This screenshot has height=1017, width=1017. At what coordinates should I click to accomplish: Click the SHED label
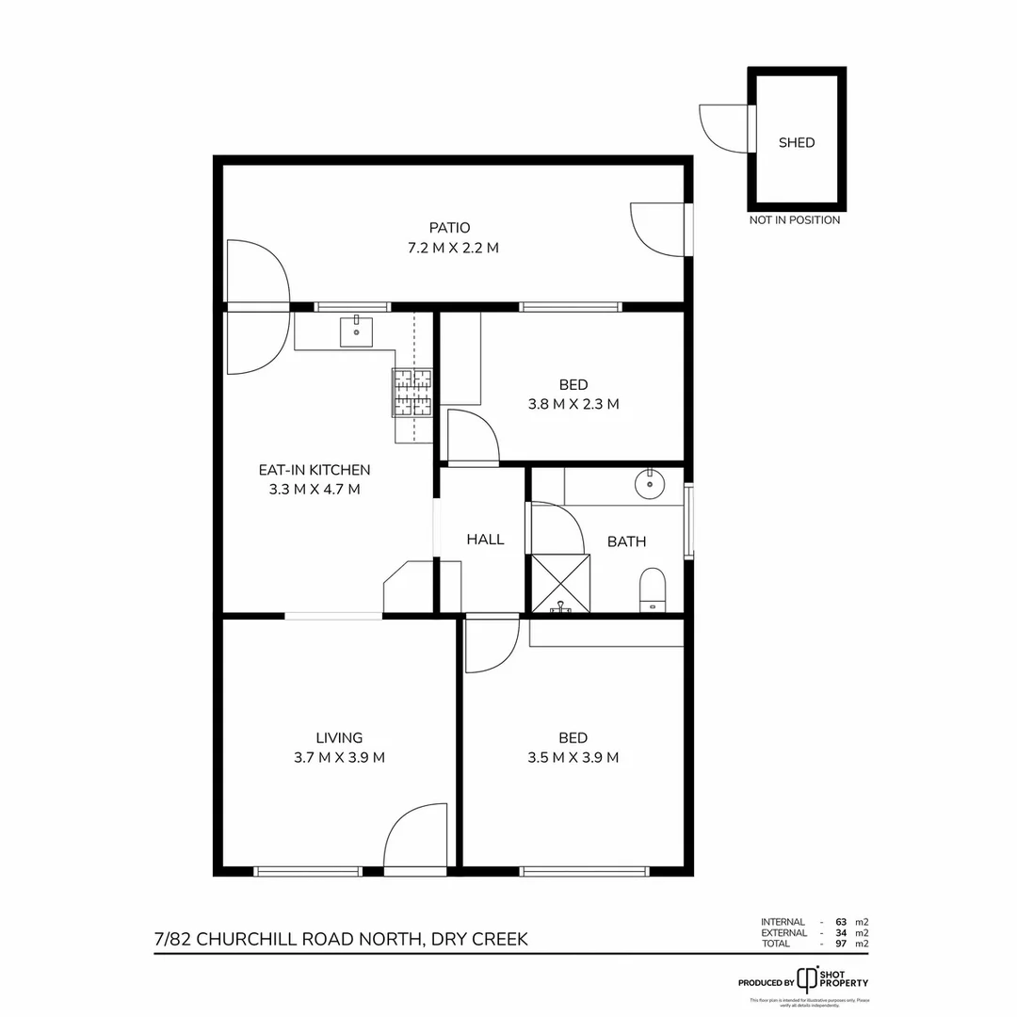coord(796,143)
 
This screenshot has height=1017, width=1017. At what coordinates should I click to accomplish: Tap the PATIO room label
coord(449,228)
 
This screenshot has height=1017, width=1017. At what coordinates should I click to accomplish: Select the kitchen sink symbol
coord(356,331)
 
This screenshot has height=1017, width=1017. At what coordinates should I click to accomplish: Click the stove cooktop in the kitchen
coord(412,393)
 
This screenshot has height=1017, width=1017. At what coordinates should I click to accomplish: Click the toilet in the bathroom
coord(652,590)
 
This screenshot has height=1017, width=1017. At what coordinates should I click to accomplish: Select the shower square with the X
coord(561,584)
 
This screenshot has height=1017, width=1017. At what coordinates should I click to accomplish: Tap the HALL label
coord(485,540)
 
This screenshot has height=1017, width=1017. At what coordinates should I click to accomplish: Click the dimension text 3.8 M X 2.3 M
coord(573,404)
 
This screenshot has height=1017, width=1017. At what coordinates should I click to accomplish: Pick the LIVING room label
coord(339,738)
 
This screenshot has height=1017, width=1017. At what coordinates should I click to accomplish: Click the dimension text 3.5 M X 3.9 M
coord(573,758)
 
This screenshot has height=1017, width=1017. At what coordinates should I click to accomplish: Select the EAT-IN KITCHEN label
coord(315,470)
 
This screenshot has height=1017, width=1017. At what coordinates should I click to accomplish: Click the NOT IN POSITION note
coord(795,220)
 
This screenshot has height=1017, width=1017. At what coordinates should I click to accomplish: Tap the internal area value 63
coord(841,922)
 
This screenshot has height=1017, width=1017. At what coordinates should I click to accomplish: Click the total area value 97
coord(841,943)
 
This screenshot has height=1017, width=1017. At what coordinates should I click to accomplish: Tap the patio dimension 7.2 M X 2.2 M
coord(449,249)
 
